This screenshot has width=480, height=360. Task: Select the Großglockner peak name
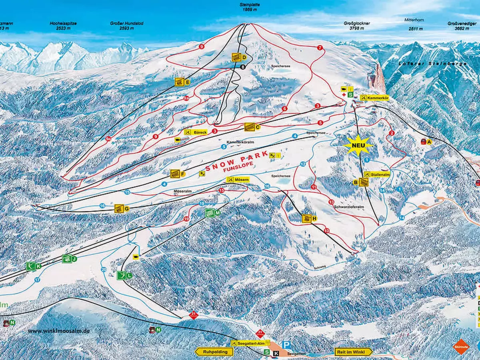coord(357,26)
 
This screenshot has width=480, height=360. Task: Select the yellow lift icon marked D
coord(236,57)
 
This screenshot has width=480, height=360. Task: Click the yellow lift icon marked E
coord(180,82)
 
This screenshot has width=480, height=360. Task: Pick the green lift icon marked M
coord(210,213)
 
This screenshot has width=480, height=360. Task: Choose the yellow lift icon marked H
coord(306,218)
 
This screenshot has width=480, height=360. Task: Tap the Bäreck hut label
coord(196,132)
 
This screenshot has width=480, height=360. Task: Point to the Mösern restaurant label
coord(238,180)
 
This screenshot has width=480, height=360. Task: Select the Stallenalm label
coord(378,174)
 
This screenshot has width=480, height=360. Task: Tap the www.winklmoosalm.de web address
coord(59,331)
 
